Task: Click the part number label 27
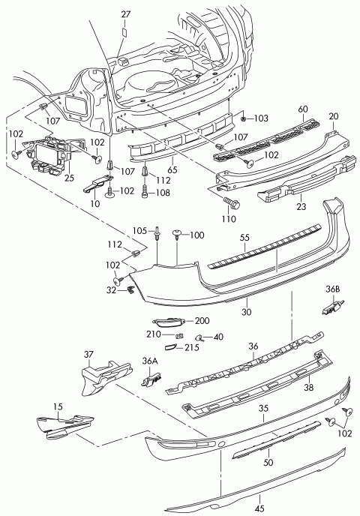(x=125, y=13)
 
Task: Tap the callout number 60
(x=303, y=109)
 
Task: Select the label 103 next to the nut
(x=260, y=118)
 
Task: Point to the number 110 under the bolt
(x=229, y=219)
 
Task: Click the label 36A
(x=150, y=361)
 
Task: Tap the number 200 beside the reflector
(x=202, y=320)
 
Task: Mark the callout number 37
(x=88, y=355)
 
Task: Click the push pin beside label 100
(x=178, y=235)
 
